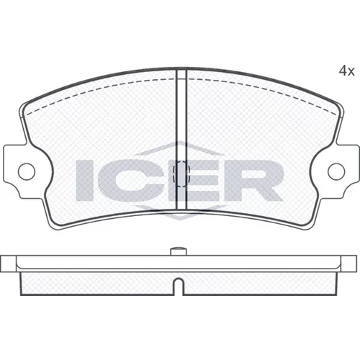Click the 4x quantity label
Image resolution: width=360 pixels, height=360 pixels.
346,71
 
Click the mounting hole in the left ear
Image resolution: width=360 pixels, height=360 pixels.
27,171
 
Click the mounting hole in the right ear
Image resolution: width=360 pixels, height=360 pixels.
336,171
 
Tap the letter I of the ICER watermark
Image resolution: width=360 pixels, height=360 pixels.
84,181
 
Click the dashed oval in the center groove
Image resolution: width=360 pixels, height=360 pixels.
181,174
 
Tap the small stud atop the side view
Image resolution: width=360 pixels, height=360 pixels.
178,251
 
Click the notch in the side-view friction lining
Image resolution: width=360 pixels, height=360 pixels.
178,286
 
